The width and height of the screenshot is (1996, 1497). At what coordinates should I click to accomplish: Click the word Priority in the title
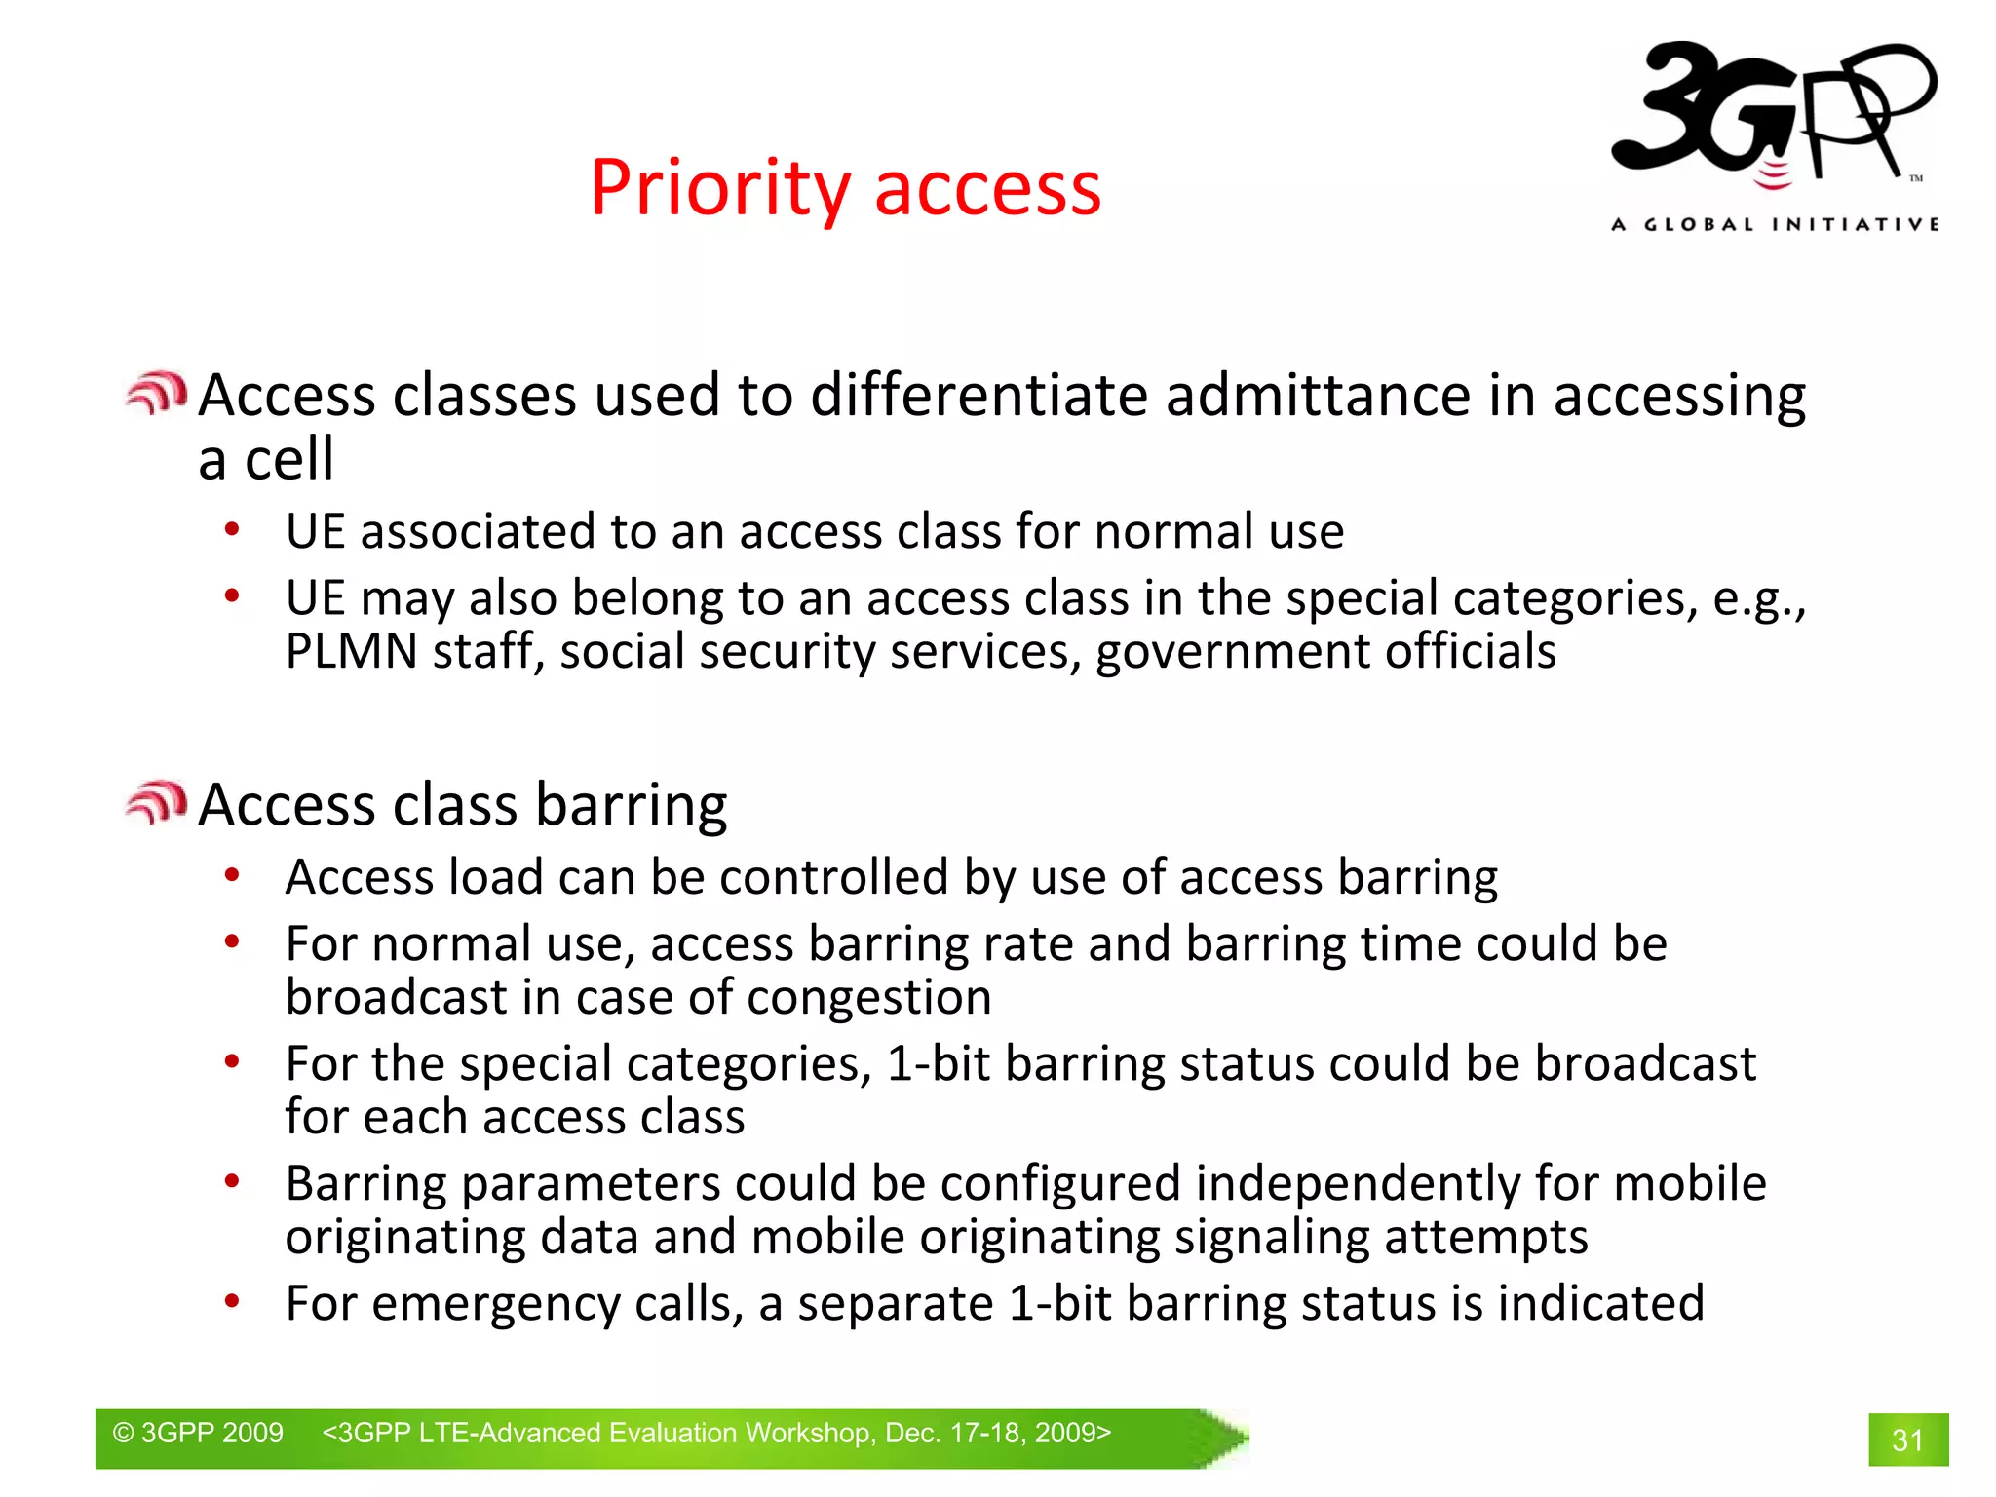click(x=720, y=188)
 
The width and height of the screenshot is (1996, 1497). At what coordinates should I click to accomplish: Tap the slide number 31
click(x=1907, y=1439)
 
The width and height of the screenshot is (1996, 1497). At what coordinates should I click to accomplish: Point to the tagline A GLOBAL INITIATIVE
click(x=1775, y=225)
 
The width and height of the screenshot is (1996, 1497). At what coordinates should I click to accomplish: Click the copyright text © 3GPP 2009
click(x=198, y=1433)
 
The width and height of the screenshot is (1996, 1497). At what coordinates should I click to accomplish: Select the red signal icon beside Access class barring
click(x=156, y=803)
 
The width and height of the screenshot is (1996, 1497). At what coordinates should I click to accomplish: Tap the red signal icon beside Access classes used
click(x=156, y=394)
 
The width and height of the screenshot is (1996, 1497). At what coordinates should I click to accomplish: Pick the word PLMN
click(x=352, y=651)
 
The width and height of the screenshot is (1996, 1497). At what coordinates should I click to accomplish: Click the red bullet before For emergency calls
click(x=232, y=1301)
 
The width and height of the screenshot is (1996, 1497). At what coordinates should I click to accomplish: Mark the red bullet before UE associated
click(x=232, y=530)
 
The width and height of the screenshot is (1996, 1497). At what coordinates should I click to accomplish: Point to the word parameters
click(x=591, y=1184)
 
